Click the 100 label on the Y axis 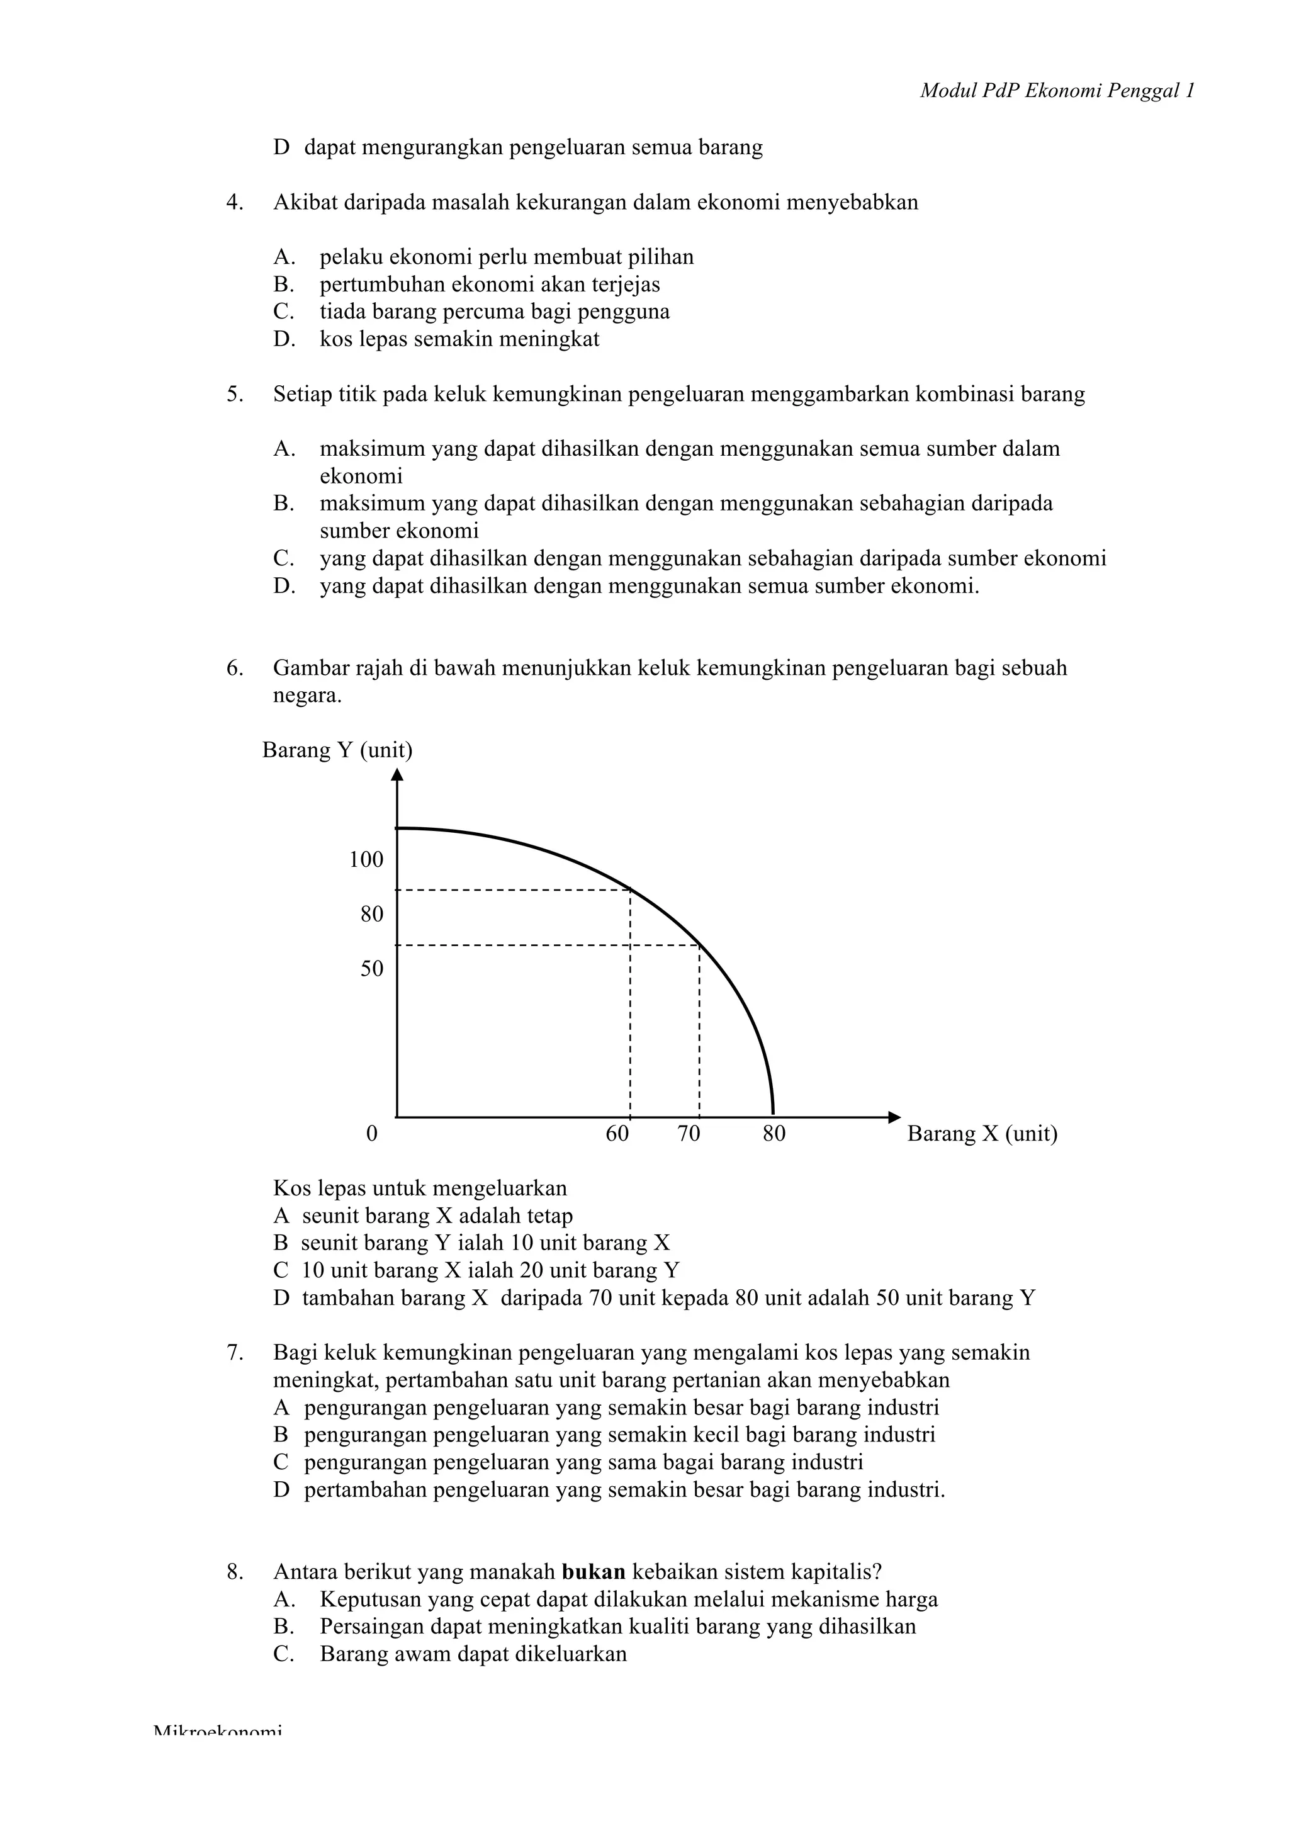(366, 859)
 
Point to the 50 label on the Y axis (371, 969)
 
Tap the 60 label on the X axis (617, 1134)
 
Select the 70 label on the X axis (688, 1134)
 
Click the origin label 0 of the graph (371, 1134)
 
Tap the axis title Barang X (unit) (982, 1134)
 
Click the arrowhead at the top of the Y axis (397, 774)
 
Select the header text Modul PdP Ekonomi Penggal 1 (1057, 91)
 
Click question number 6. (235, 668)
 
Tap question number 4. (235, 203)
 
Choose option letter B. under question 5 (284, 504)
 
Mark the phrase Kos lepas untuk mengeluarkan (420, 1188)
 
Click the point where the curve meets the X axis (773, 1115)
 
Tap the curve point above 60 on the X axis (630, 889)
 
